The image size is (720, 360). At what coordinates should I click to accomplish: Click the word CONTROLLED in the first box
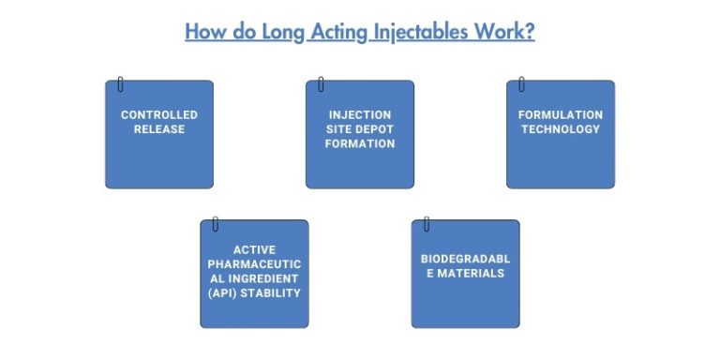[x=159, y=115]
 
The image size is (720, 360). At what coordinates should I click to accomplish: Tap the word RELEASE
[x=159, y=129]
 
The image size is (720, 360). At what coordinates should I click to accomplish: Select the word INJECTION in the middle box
[x=360, y=115]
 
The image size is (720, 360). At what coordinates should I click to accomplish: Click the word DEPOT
[x=373, y=129]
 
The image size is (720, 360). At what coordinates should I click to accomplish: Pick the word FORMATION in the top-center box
[x=360, y=143]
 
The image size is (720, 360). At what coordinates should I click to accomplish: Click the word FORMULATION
[x=561, y=115]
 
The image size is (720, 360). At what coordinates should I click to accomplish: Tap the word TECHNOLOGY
[x=561, y=129]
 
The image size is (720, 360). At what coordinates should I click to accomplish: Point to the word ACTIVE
[x=254, y=249]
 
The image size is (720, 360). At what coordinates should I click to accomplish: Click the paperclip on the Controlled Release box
[x=120, y=85]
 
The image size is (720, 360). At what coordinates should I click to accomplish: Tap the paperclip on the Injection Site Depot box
[x=321, y=85]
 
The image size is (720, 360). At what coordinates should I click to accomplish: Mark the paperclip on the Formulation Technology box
[x=521, y=85]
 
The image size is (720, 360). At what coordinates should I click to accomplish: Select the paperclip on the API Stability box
[x=215, y=224]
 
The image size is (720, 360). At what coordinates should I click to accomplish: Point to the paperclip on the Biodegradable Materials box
[x=427, y=224]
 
